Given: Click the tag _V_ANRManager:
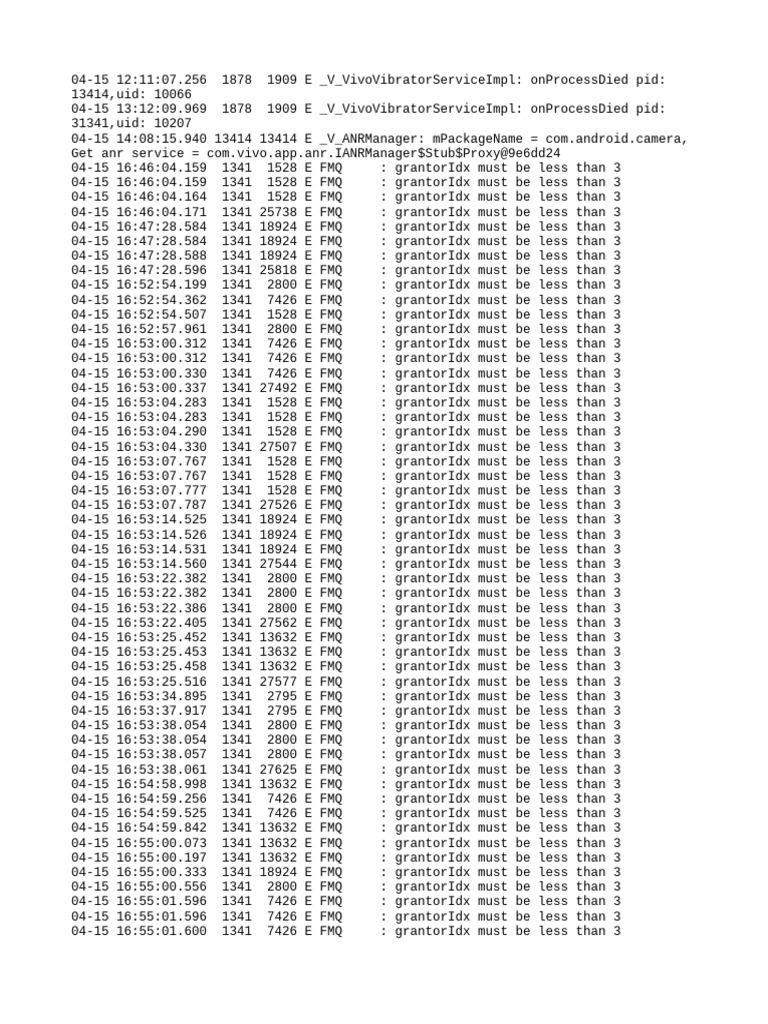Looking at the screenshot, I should coord(372,138).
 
